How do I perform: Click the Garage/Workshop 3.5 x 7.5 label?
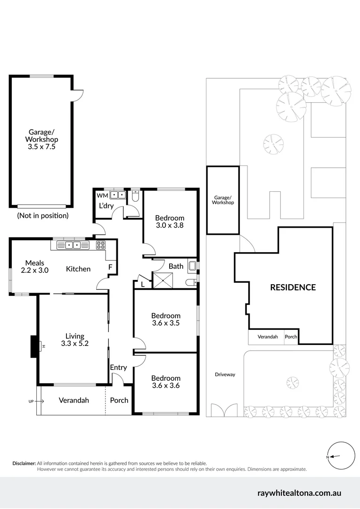[43, 140]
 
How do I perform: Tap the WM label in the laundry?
[102, 195]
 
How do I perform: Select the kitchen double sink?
[72, 245]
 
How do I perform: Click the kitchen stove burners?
[100, 245]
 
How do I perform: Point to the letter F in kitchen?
[110, 267]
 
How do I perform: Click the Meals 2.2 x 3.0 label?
[35, 267]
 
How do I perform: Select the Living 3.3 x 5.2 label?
[74, 339]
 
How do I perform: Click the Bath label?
[176, 266]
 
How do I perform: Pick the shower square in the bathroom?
[162, 281]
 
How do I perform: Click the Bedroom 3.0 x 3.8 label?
[170, 222]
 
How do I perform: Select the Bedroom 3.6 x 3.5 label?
[165, 320]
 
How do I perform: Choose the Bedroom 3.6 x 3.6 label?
[165, 382]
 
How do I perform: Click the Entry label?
[118, 368]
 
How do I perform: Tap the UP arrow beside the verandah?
[36, 401]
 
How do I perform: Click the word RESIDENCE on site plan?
[293, 287]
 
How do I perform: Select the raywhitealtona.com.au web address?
[299, 493]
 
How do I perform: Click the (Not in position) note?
[43, 215]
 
